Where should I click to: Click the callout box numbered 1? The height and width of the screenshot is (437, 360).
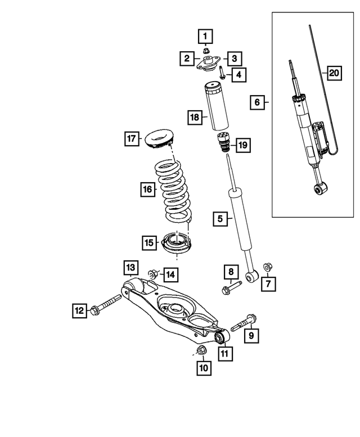coord(205,37)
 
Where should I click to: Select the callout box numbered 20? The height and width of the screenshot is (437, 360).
coord(334,73)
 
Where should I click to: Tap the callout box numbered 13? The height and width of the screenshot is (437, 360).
coord(130,265)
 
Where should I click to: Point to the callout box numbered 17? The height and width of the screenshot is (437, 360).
coord(131,138)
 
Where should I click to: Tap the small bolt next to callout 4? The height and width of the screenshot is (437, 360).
coord(222,74)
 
